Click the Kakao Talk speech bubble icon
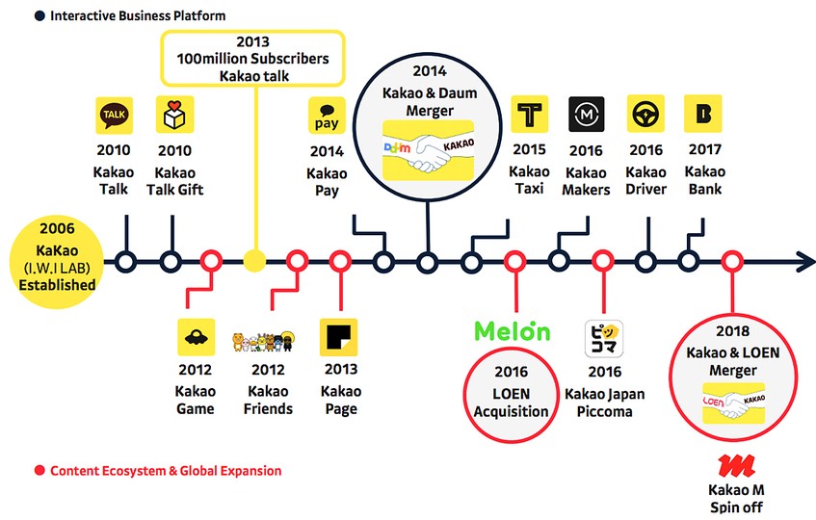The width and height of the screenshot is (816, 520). point(114,115)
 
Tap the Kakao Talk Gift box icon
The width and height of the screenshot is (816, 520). point(175,115)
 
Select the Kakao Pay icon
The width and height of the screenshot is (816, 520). point(327,116)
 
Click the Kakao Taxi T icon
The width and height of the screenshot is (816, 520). point(529,114)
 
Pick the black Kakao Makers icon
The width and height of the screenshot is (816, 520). point(587,114)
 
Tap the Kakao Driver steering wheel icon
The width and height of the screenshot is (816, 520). point(645,114)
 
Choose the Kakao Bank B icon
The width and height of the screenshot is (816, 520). point(703,114)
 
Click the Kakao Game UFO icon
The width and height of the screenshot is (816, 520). point(197,337)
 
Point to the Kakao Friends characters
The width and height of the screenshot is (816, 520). point(263,341)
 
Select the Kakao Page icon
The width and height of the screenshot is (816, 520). point(339,337)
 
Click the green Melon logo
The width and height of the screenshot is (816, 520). point(513,331)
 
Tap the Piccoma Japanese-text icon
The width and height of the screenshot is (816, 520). point(604,339)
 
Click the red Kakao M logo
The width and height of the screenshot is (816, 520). point(736,466)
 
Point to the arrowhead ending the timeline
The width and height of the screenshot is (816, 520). point(806,262)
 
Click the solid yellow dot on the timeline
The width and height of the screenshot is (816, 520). point(254,261)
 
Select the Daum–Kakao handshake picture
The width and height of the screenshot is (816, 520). point(429,151)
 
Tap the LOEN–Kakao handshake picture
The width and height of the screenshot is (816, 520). point(734,403)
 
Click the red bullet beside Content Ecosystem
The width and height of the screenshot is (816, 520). point(39,471)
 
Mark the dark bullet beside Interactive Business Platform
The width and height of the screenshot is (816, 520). point(39,15)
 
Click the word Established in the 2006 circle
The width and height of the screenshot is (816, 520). point(57,285)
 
